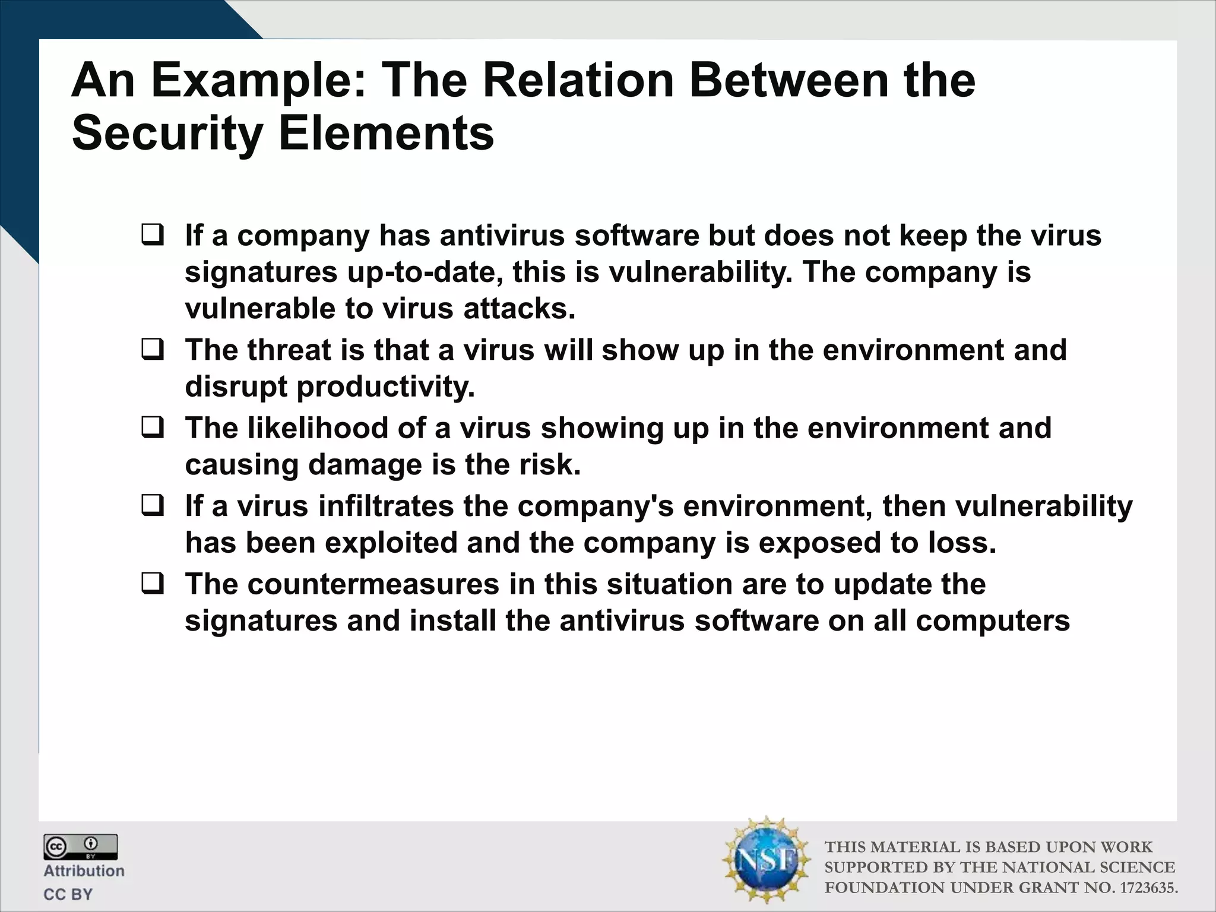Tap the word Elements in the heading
(x=387, y=134)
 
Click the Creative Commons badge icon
(x=80, y=847)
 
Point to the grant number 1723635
(x=1148, y=888)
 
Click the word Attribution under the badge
(x=84, y=871)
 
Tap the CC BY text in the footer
(x=68, y=894)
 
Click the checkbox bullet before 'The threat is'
(x=153, y=350)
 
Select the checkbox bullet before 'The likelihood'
(x=153, y=427)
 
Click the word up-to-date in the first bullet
(x=425, y=273)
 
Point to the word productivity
(x=385, y=387)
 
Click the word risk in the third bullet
(x=549, y=465)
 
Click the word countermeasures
(x=373, y=584)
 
